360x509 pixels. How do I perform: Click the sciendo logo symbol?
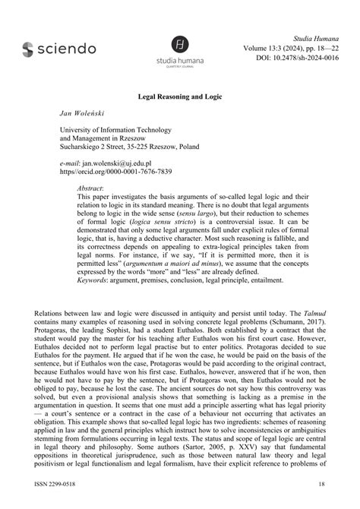coord(28,49)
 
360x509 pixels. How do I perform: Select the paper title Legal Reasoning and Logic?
coord(179,99)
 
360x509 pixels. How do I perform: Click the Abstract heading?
coord(91,187)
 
